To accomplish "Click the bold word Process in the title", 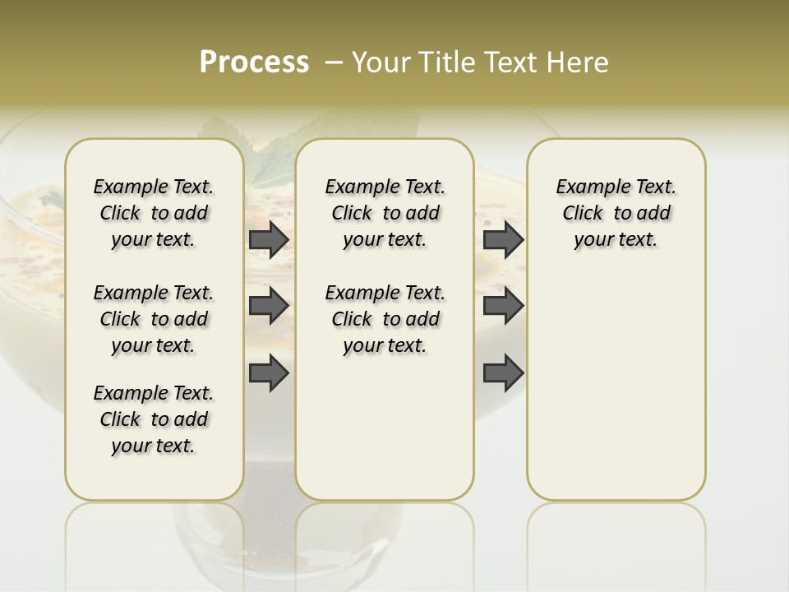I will tap(254, 62).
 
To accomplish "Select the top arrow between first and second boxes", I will tap(269, 240).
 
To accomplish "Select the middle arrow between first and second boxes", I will tap(269, 306).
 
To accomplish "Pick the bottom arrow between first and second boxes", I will tap(269, 374).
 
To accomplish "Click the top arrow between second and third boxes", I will tap(503, 240).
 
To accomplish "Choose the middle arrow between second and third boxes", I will tap(503, 306).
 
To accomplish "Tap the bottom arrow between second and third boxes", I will tap(503, 374).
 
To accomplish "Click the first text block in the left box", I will tap(154, 213).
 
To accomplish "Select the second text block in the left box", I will tap(154, 319).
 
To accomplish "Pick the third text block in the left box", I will tap(154, 419).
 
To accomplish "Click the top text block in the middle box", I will tap(385, 213).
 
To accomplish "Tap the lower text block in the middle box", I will tap(385, 319).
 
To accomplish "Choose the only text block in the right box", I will tap(616, 213).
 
